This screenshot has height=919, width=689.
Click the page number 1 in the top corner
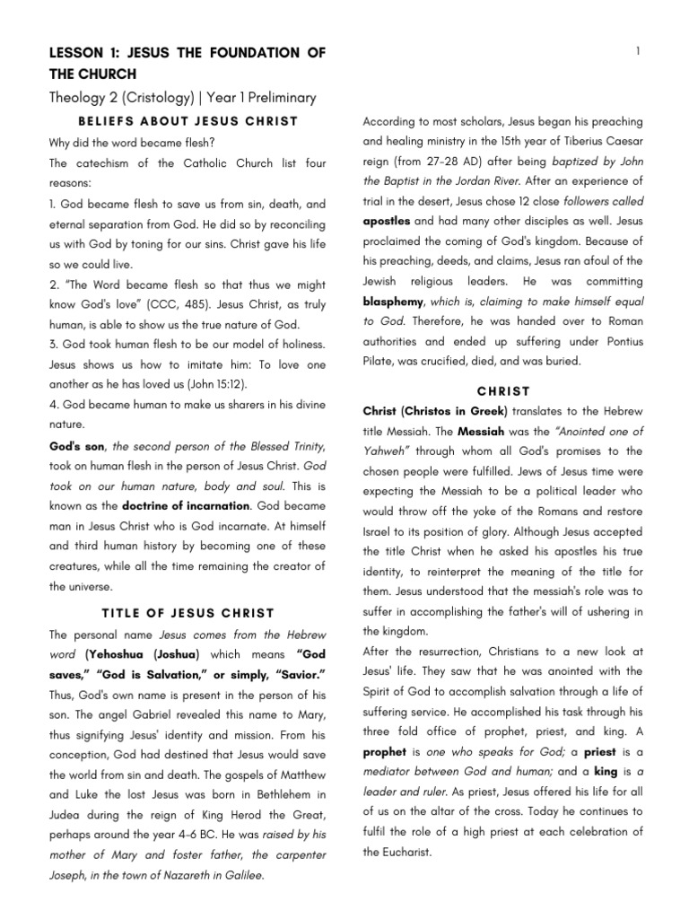point(637,52)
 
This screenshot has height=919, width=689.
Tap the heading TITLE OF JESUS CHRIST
point(188,613)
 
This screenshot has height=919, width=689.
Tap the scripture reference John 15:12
point(249,384)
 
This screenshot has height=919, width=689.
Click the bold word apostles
point(388,220)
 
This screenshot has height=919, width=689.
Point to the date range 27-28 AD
point(458,161)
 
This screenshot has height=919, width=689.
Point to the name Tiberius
point(588,141)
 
